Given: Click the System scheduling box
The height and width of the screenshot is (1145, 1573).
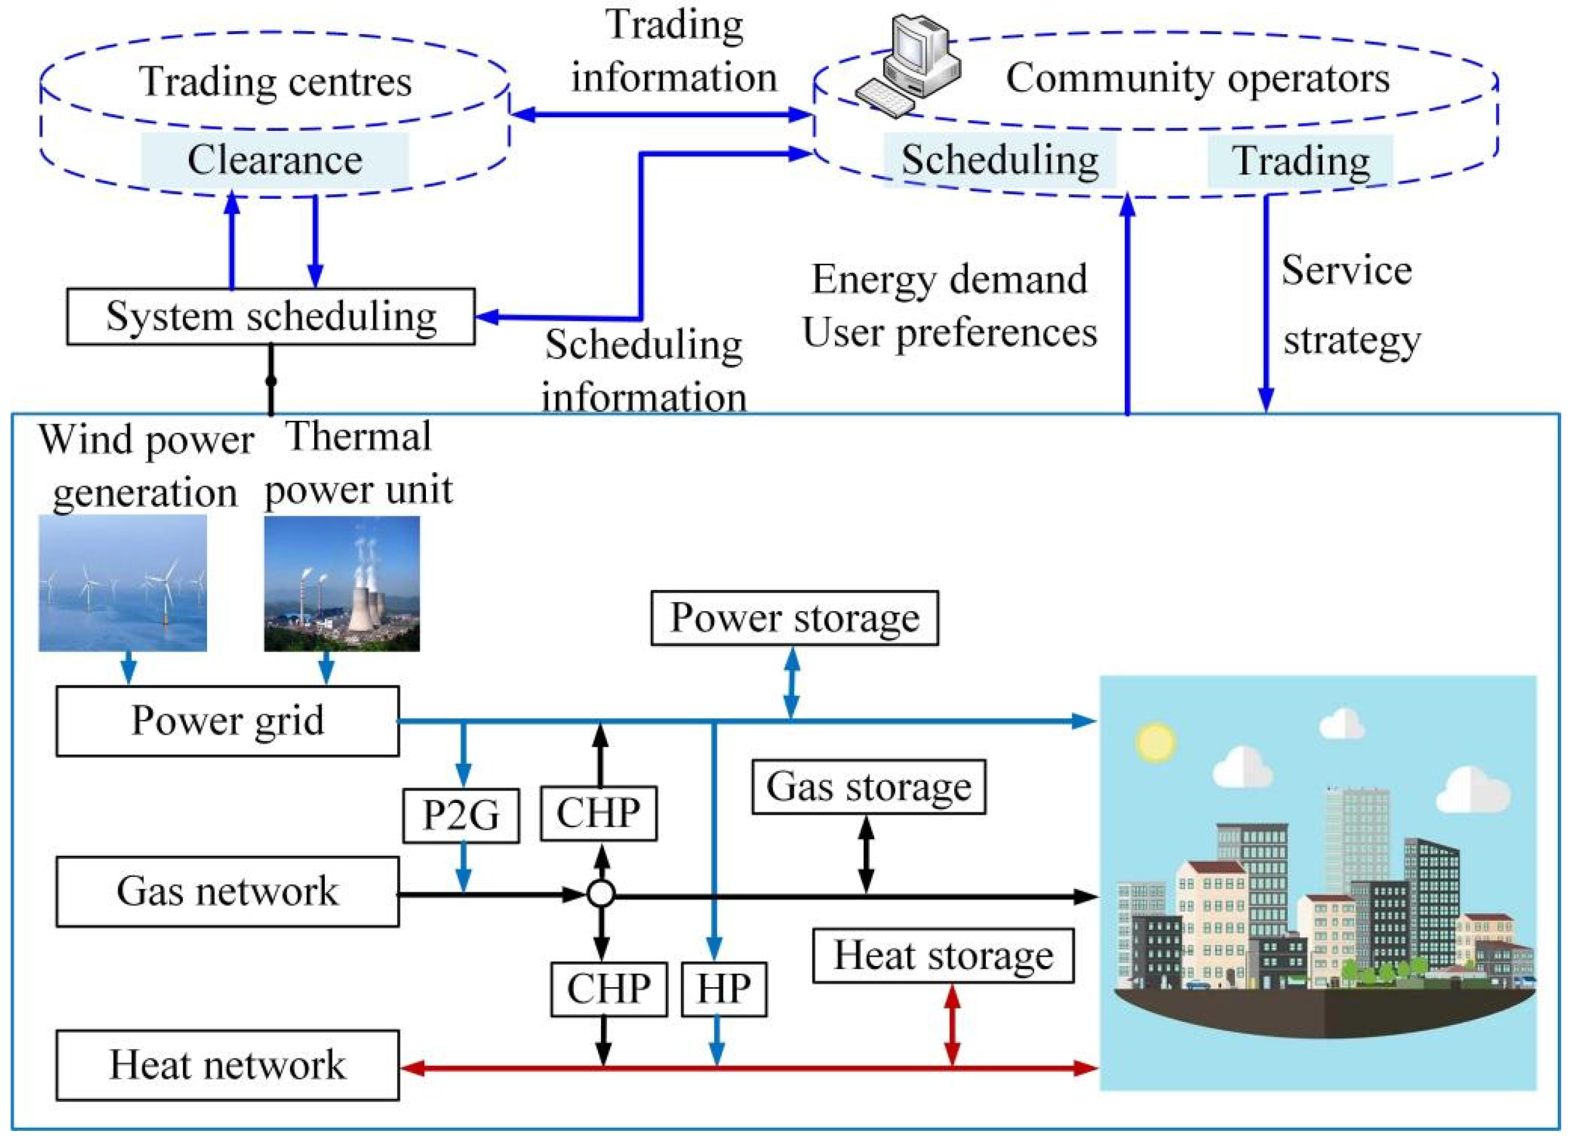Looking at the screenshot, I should pyautogui.click(x=271, y=317).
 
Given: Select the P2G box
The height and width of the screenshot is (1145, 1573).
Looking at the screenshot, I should pyautogui.click(x=461, y=815).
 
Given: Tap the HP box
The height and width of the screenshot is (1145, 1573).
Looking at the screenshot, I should pyautogui.click(x=724, y=988).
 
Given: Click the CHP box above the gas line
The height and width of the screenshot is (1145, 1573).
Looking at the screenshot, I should pyautogui.click(x=598, y=814).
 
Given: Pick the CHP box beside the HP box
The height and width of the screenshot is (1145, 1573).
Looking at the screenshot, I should pyautogui.click(x=608, y=988).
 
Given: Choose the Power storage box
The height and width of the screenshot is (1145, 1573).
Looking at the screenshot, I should pyautogui.click(x=794, y=618).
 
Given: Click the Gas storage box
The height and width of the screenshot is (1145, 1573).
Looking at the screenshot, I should pyautogui.click(x=868, y=787).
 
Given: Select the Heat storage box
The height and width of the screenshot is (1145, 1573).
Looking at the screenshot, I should pyautogui.click(x=942, y=955).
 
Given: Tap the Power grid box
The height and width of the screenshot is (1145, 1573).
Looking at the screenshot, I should pyautogui.click(x=228, y=721).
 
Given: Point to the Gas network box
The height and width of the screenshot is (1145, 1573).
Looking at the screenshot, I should pyautogui.click(x=228, y=891).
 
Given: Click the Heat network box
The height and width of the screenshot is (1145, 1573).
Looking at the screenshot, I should pyautogui.click(x=228, y=1064).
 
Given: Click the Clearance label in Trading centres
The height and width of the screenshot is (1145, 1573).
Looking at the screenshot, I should pyautogui.click(x=275, y=160).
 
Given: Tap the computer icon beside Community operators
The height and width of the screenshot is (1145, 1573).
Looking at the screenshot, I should pyautogui.click(x=909, y=66).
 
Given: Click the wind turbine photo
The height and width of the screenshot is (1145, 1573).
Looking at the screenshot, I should pyautogui.click(x=123, y=583).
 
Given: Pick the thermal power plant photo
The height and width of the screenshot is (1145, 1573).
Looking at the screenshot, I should pyautogui.click(x=342, y=583).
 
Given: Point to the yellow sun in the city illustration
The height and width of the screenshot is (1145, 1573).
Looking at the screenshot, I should pyautogui.click(x=1156, y=741).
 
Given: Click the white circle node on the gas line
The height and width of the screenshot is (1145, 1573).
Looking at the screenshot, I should pyautogui.click(x=601, y=894).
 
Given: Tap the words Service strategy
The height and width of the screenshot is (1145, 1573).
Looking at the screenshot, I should pyautogui.click(x=1349, y=306).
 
